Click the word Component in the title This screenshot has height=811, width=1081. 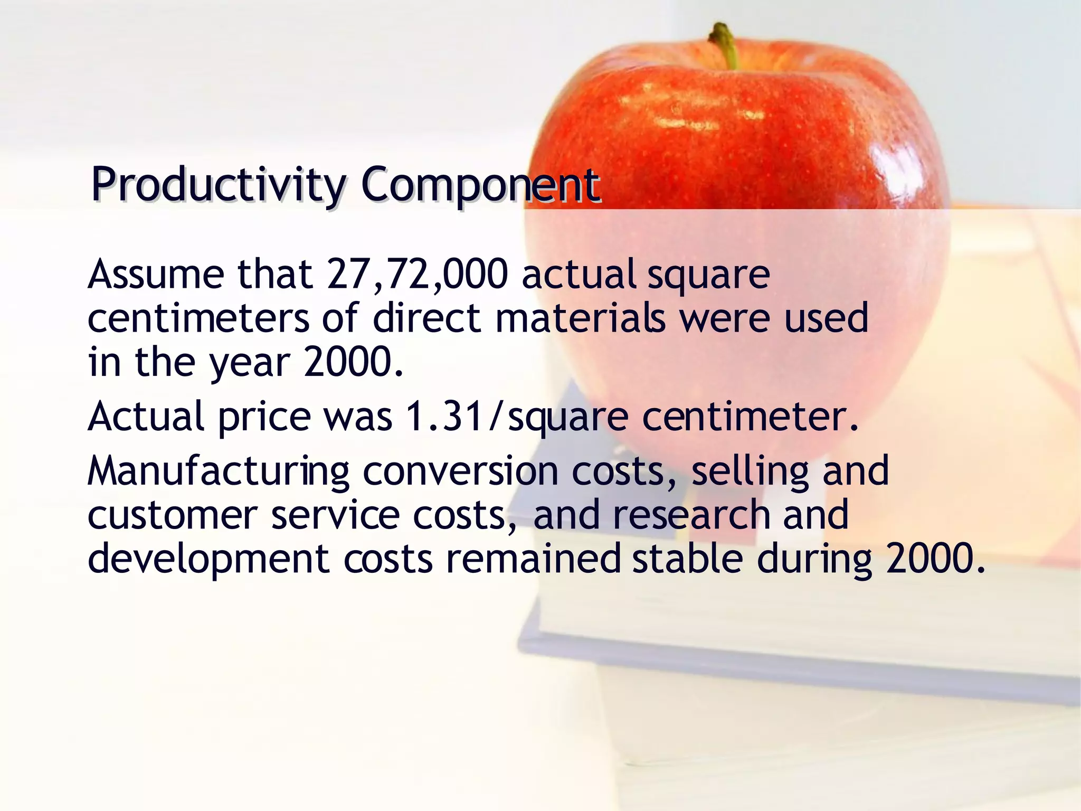[x=480, y=185]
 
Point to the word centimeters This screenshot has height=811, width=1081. [x=198, y=318]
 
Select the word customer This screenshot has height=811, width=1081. [x=172, y=515]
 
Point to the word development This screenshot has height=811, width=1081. [x=208, y=560]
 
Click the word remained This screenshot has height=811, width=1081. [x=533, y=560]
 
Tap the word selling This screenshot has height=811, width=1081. [x=750, y=471]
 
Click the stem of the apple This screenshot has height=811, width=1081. [x=725, y=45]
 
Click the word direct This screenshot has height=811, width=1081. [x=427, y=318]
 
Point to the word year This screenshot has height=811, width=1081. [x=250, y=364]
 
